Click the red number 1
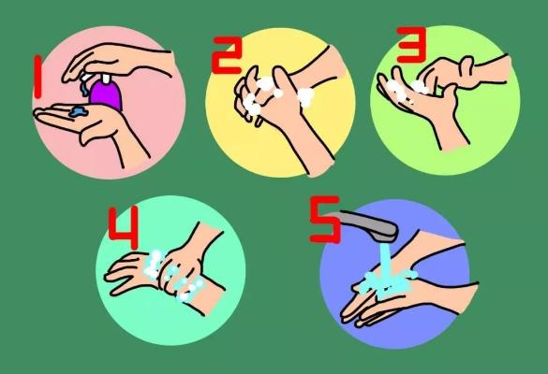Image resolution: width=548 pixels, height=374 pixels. (x=37, y=77)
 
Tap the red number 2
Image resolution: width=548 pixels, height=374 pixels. (x=227, y=55)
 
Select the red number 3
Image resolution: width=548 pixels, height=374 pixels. (x=411, y=45)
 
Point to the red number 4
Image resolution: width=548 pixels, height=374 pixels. (x=124, y=227)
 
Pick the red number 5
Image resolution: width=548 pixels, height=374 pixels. (x=325, y=219)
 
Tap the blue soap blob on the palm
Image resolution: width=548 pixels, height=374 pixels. (x=79, y=111)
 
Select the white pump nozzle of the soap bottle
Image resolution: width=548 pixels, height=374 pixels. (x=87, y=77)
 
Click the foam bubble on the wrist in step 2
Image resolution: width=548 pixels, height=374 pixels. (x=305, y=97)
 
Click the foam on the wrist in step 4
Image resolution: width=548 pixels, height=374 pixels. (x=190, y=289)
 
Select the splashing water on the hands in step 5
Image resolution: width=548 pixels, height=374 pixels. (x=388, y=281)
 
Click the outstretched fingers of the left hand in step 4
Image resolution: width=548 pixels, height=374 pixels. (x=124, y=276)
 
